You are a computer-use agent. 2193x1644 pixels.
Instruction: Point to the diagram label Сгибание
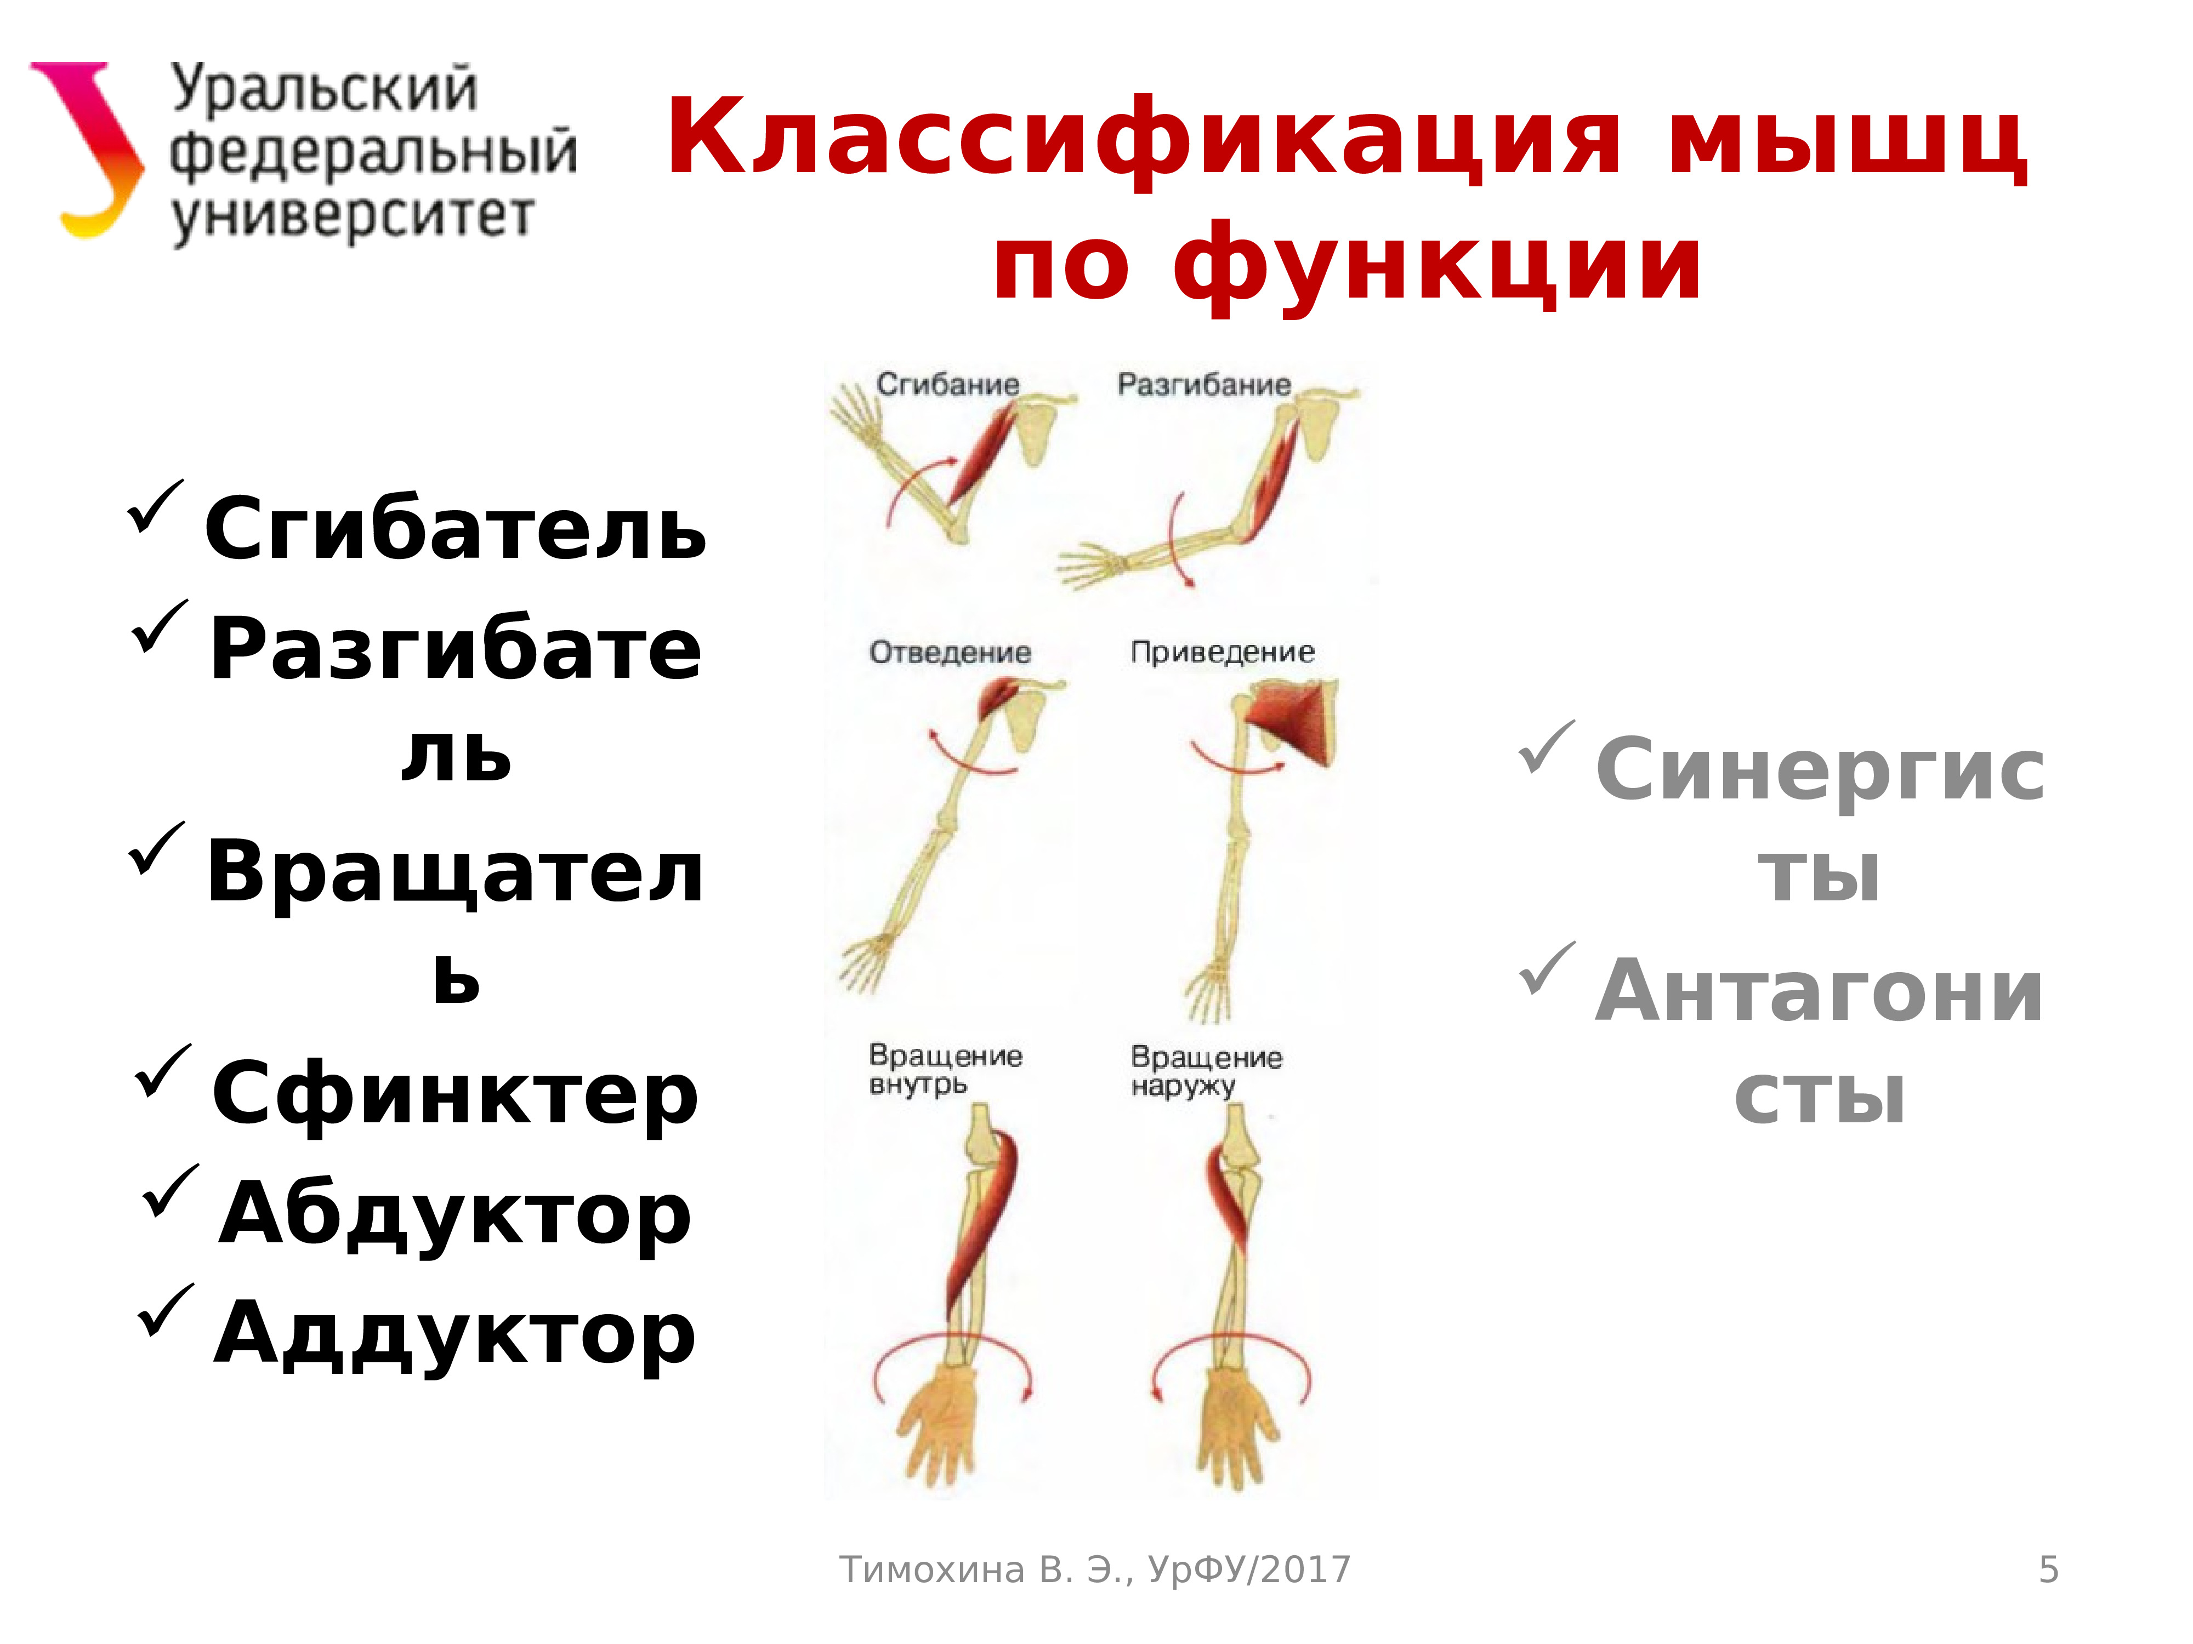(947, 385)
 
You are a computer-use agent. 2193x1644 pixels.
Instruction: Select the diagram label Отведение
(950, 652)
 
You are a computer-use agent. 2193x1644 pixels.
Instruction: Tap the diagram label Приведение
(1223, 652)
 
